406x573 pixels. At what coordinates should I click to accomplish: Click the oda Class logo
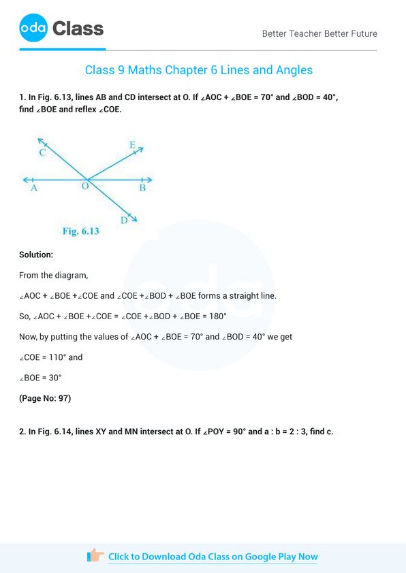click(x=61, y=29)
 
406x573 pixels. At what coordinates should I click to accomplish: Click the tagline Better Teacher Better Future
click(x=319, y=33)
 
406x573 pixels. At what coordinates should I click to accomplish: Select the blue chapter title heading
click(x=199, y=70)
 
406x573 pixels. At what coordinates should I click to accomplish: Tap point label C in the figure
click(x=43, y=153)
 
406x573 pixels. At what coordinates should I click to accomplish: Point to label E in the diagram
click(x=132, y=145)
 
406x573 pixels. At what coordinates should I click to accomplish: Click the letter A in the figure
click(x=33, y=189)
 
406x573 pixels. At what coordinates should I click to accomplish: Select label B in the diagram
click(x=142, y=189)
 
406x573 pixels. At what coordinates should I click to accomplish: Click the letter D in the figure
click(x=124, y=220)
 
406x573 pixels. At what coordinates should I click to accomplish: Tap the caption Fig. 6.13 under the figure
click(x=81, y=231)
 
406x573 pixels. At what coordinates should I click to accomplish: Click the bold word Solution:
click(x=36, y=255)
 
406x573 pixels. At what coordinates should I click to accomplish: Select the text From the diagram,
click(x=54, y=276)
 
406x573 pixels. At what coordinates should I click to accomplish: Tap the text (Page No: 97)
click(x=45, y=398)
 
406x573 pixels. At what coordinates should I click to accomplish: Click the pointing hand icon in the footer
click(x=96, y=556)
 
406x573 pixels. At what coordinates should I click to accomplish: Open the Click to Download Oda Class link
click(x=213, y=557)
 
